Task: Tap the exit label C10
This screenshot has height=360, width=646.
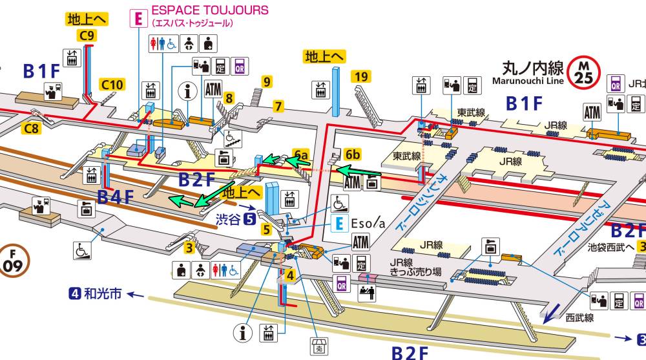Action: click(112, 84)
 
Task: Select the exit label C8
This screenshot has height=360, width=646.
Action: click(31, 129)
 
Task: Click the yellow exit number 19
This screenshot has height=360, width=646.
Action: click(361, 78)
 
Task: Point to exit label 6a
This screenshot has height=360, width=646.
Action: click(300, 154)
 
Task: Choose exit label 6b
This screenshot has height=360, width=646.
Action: click(353, 154)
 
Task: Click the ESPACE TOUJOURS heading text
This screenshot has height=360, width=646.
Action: click(209, 10)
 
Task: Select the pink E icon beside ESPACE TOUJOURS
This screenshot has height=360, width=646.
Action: click(137, 17)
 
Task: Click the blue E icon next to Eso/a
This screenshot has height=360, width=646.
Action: click(340, 224)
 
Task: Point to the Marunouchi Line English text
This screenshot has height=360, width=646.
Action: click(528, 81)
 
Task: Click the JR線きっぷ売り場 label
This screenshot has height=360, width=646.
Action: click(415, 267)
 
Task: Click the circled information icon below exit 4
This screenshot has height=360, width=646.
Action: click(244, 334)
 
